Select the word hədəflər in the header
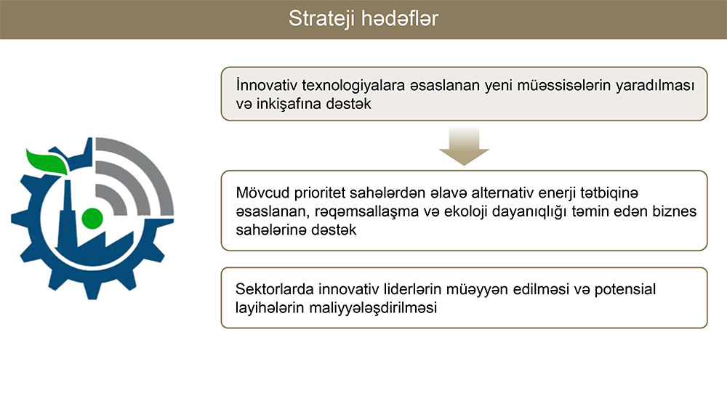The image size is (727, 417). pos(400,19)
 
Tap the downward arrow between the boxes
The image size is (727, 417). pos(464,146)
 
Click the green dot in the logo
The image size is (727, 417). pos(92,218)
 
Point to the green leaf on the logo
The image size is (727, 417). pos(47,161)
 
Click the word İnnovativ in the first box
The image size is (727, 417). pos(267,85)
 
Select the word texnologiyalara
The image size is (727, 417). pos(353,85)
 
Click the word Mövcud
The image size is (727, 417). pos(263,193)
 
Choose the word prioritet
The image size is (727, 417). pos(319,193)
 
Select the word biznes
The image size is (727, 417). pos(674,211)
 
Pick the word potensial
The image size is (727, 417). pos(625,289)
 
